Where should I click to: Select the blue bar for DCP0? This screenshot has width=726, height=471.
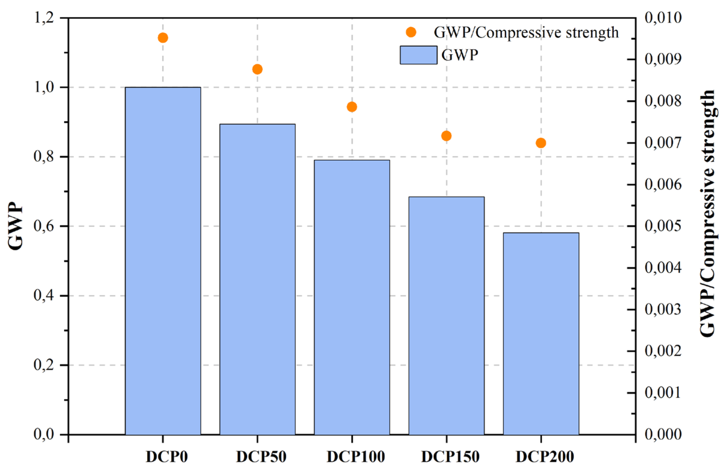163,261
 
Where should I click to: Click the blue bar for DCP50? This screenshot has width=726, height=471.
257,279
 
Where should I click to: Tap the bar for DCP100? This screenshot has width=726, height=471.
352,298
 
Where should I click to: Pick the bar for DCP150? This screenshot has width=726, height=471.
447,316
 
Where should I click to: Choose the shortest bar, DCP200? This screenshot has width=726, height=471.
541,334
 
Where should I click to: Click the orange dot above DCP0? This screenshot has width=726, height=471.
163,38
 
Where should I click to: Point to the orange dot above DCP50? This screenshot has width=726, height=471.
257,69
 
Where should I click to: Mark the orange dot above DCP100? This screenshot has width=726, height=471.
352,107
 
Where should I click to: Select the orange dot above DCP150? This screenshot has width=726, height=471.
446,136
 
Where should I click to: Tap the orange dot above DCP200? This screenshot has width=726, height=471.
541,143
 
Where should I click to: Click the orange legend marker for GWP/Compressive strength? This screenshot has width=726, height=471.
411,32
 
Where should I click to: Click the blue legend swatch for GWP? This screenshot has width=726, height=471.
419,55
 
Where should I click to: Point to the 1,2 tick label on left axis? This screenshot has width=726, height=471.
44,18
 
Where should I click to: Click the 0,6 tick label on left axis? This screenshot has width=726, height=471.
44,226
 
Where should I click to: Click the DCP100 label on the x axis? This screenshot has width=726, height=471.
356,457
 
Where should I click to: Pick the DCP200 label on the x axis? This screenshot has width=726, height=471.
545,457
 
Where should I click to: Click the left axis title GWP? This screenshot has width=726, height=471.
15,226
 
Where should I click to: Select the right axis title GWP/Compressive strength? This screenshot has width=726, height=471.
707,214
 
